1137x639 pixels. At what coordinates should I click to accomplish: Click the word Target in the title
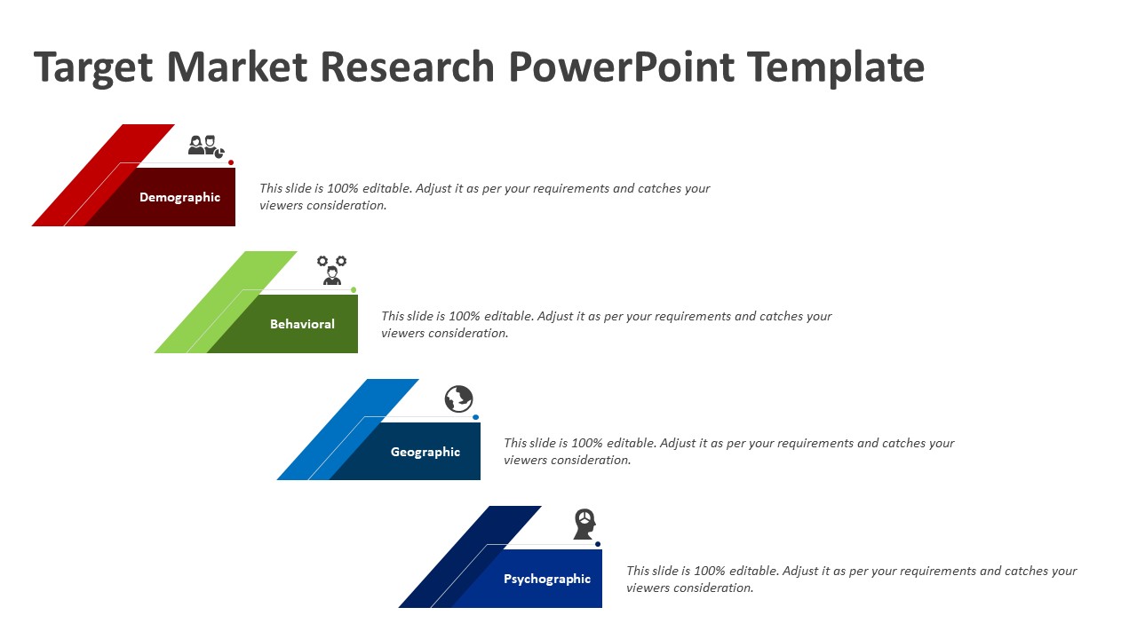coord(93,67)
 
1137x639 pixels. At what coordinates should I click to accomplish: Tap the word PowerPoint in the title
coord(621,67)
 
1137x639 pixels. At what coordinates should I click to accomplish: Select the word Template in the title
coord(836,67)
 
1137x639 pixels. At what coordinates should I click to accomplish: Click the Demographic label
coord(179,197)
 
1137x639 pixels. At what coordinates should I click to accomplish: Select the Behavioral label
coord(302,324)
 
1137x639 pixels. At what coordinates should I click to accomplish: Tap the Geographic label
coord(425,452)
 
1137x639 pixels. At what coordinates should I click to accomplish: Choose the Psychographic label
coord(547,579)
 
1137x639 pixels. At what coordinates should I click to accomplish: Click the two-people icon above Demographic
coord(206,146)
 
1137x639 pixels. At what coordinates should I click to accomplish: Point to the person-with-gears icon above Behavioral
coord(332,271)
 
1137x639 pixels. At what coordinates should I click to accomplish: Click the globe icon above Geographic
coord(459,398)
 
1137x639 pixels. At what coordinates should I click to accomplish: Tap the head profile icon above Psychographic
coord(584,524)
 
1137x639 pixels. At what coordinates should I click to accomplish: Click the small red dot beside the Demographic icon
coord(231,162)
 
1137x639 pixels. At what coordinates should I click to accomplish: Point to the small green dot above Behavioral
coord(354,289)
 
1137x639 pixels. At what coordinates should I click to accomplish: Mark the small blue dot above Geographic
coord(475,417)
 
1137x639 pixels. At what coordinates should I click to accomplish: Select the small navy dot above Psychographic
coord(598,544)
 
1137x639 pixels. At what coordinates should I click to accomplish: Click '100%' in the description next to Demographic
coord(343,188)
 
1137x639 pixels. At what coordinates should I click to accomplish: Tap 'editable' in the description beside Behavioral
coord(509,316)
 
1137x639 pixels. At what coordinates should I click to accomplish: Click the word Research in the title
coord(407,67)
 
